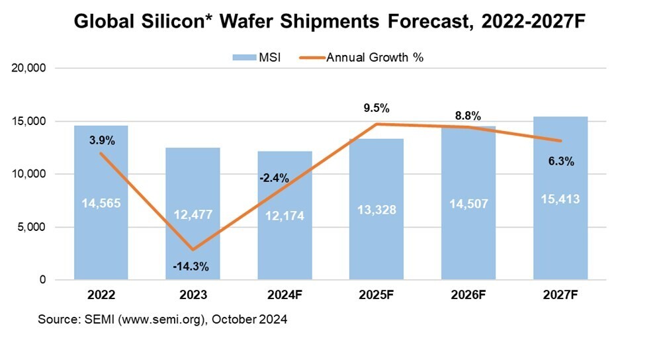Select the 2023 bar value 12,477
tap(192, 214)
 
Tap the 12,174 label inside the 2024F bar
tap(285, 215)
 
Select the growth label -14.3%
tap(192, 267)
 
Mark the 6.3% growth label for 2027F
tap(560, 160)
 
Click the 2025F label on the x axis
tap(376, 293)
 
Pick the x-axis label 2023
tap(192, 293)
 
